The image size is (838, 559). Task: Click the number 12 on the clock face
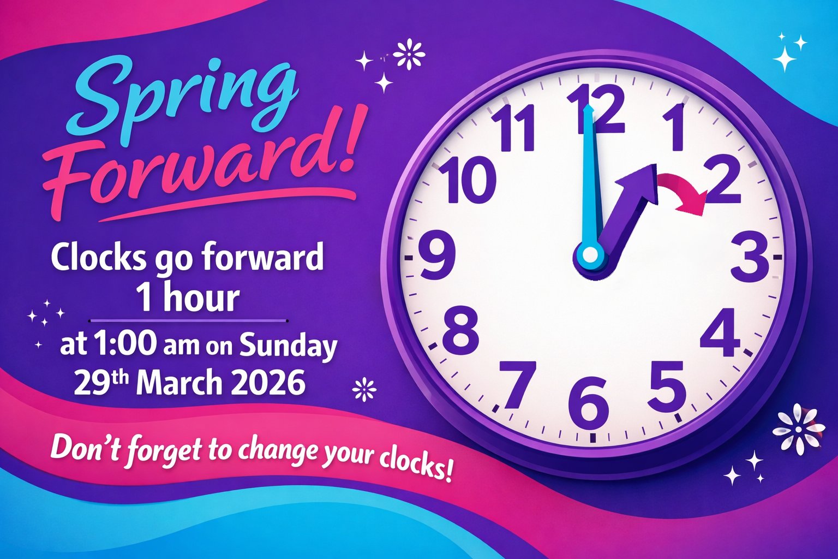click(596, 109)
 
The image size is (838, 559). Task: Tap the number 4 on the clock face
click(720, 332)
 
